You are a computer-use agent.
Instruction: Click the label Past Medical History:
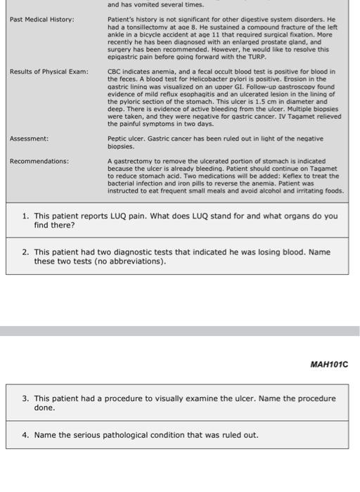(41, 19)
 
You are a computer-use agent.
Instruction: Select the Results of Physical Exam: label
(49, 72)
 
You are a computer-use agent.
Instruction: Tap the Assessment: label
(30, 139)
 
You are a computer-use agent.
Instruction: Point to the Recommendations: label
(39, 161)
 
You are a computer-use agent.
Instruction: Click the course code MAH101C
(329, 364)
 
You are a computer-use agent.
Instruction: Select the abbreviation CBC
(114, 72)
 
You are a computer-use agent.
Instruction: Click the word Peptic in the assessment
(117, 139)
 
